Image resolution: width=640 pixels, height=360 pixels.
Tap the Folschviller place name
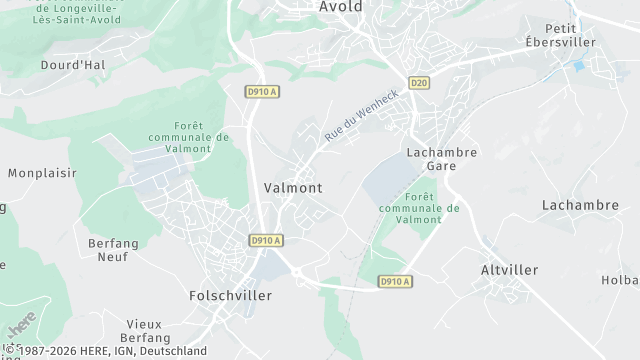[x=230, y=296]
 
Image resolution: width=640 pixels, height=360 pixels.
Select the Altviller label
[x=509, y=270]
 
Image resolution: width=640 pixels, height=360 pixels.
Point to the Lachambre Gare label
[x=441, y=159]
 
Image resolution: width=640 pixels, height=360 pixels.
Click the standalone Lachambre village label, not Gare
[x=580, y=205]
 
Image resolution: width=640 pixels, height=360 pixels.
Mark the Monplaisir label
[x=42, y=173]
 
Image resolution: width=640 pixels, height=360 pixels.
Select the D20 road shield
[x=419, y=82]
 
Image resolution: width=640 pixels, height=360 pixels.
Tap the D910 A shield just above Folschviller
[x=265, y=240]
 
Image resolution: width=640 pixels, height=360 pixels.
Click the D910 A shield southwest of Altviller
[x=395, y=282]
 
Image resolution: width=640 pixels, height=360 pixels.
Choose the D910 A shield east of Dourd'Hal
[x=263, y=90]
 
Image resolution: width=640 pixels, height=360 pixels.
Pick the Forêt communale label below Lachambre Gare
[x=419, y=208]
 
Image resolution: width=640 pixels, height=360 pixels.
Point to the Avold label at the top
[x=341, y=7]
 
